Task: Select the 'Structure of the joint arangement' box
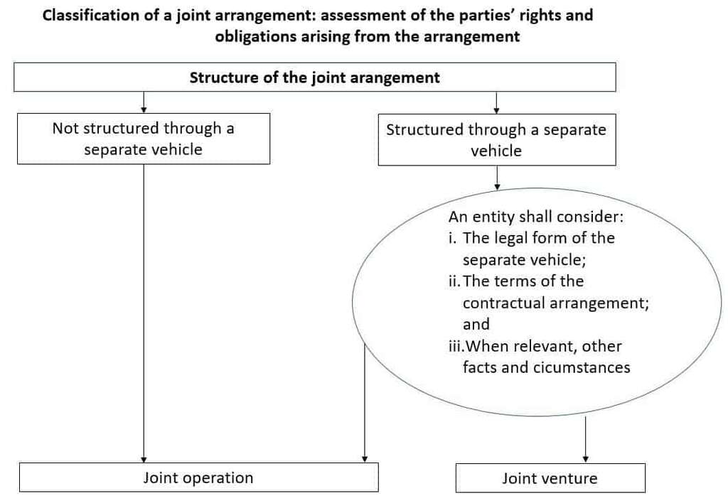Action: (x=314, y=77)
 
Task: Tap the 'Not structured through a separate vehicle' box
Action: (x=143, y=139)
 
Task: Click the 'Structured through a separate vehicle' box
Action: (x=496, y=140)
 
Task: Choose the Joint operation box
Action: (x=198, y=477)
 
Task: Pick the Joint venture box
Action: (x=550, y=478)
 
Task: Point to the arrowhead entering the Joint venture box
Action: (x=585, y=459)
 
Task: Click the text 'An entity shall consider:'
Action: (x=535, y=217)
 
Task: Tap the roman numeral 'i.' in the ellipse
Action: (x=454, y=238)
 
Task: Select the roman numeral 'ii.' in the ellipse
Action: (x=455, y=281)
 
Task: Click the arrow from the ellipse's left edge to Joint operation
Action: (x=365, y=405)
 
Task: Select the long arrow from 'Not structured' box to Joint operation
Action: (x=144, y=313)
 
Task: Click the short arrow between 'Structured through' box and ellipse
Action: (x=497, y=178)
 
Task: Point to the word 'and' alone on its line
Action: (x=476, y=325)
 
